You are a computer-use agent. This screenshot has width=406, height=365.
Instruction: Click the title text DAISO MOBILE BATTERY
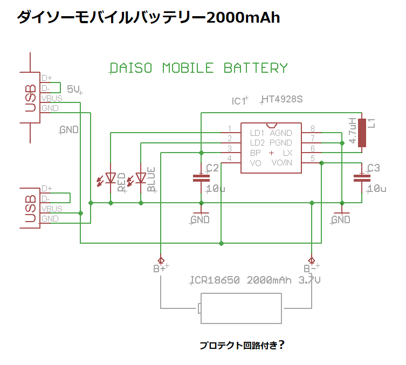[198, 68]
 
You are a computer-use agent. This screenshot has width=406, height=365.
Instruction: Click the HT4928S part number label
[281, 100]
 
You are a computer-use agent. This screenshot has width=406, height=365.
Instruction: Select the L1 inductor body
[362, 132]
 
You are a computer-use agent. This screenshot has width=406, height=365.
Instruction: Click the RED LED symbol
[111, 177]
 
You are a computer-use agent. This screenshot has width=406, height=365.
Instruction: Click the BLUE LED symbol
[141, 177]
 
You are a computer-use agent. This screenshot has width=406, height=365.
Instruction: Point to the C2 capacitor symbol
[201, 177]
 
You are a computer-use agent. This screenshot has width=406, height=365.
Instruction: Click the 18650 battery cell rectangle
[242, 308]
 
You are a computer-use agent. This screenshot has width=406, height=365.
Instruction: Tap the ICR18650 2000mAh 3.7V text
[255, 280]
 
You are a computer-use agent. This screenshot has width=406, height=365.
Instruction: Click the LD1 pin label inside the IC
[257, 133]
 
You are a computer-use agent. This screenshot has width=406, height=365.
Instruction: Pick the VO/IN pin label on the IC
[282, 162]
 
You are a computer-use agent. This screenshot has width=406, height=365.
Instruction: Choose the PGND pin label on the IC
[281, 143]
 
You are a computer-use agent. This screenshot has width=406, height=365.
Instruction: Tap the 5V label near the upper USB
[73, 89]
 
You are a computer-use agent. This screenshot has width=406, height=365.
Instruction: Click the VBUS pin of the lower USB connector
[52, 209]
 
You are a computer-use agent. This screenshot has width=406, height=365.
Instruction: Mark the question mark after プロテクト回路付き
[281, 345]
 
